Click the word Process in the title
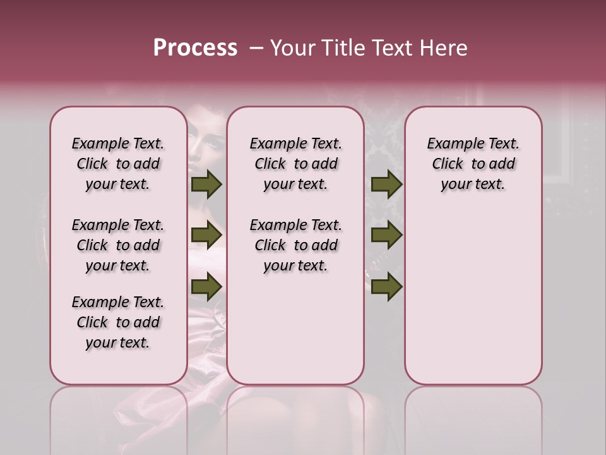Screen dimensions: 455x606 coord(195,48)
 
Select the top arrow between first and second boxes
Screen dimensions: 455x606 coord(206,184)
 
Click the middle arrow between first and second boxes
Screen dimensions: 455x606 coord(206,235)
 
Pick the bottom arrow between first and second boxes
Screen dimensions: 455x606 coord(206,286)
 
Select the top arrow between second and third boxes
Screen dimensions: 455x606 coord(386,184)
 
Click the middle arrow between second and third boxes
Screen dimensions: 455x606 coord(386,235)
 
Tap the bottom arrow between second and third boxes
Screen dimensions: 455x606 coord(386,286)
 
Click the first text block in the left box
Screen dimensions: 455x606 coord(118,164)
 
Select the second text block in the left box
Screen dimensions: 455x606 coord(118,245)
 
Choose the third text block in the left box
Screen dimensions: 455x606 coord(118,322)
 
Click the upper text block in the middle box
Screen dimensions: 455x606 coord(295,164)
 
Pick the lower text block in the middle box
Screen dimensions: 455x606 coord(295,245)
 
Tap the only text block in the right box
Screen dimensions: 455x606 coord(473,164)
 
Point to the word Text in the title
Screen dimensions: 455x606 coord(389,48)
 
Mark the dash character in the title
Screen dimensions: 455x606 coord(256,48)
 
